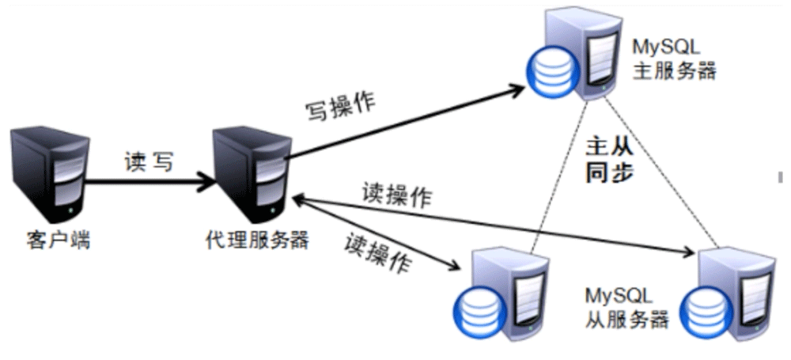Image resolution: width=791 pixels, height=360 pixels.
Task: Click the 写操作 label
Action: pos(341,107)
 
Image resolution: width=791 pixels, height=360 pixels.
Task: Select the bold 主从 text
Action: pos(609,146)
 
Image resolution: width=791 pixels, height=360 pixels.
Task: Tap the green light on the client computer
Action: pos(72,212)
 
